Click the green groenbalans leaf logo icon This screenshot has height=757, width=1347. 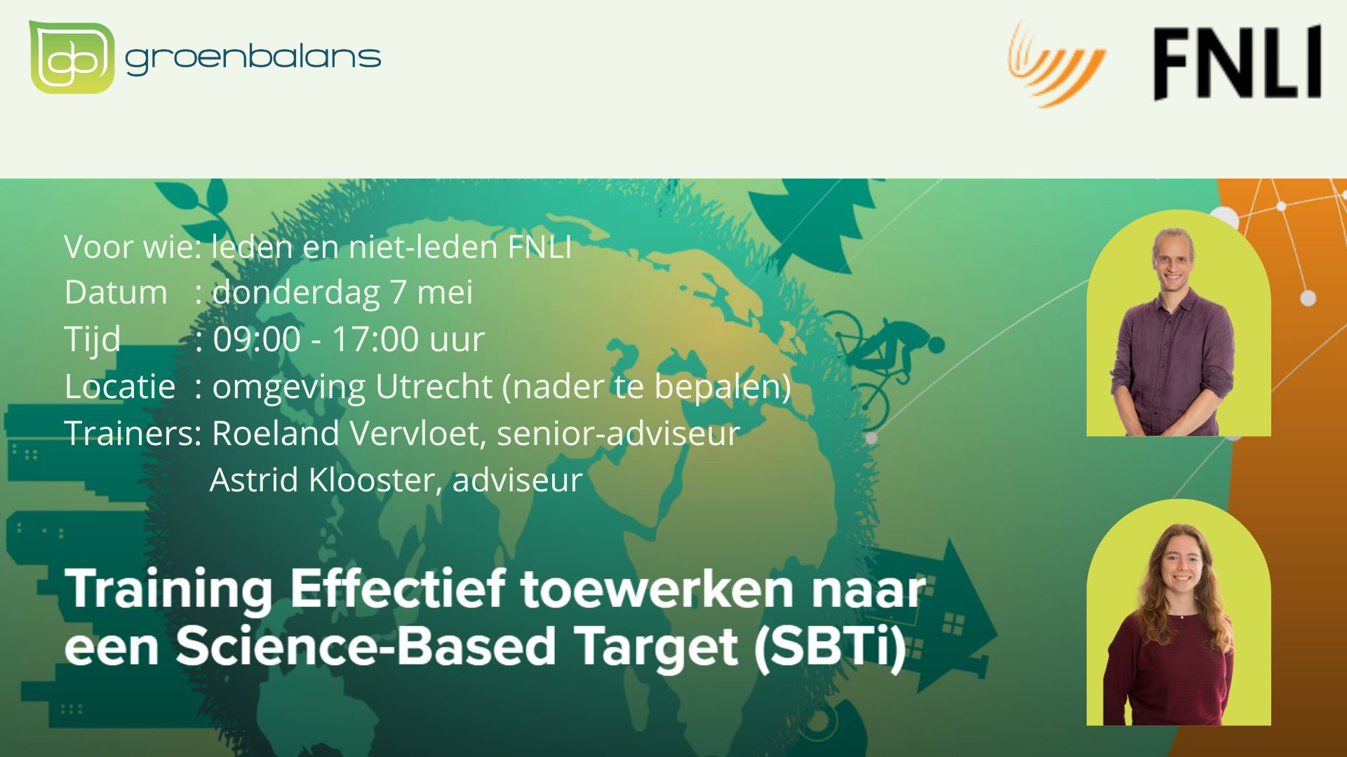pos(71,57)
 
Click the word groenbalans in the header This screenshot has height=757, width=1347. pos(253,57)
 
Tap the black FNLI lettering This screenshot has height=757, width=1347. pos(1238,63)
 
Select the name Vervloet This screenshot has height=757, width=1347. pos(418,433)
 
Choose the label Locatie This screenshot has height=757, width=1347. pos(120,386)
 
